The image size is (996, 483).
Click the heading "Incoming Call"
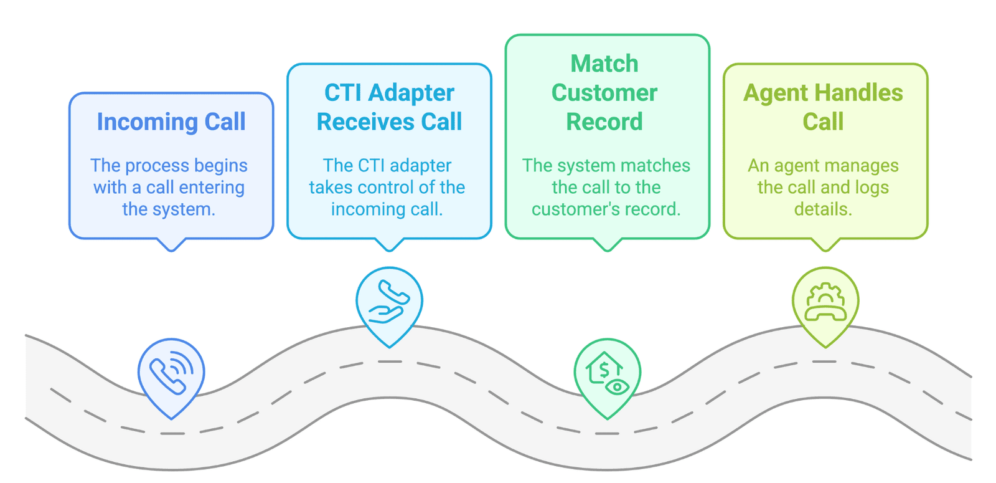[171, 122]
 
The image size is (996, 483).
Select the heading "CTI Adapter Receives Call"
[390, 107]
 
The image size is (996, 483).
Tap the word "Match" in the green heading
[604, 63]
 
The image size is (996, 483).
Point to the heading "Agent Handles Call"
[823, 107]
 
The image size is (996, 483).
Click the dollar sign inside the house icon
[604, 370]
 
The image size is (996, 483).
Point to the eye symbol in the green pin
[617, 387]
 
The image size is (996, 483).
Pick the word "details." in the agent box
[823, 209]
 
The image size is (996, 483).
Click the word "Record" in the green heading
[604, 122]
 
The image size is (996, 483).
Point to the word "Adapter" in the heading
[411, 93]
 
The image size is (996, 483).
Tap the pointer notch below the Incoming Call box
[171, 245]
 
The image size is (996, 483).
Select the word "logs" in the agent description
[871, 188]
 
